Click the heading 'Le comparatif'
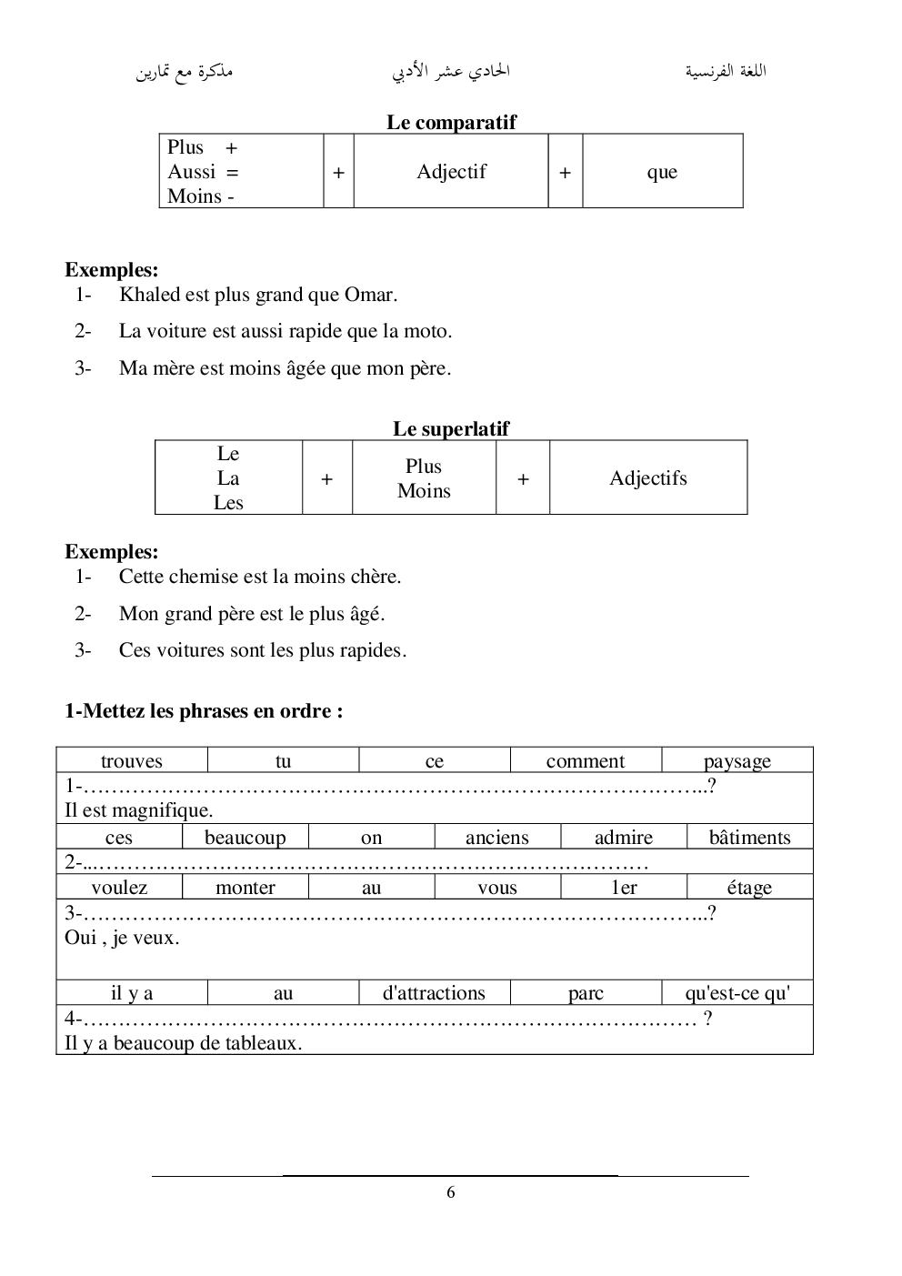451,122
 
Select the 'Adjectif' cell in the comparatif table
451,172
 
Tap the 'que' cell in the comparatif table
662,172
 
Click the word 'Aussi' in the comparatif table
192,172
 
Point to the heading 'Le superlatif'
451,428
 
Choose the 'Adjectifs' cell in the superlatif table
648,478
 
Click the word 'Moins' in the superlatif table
424,491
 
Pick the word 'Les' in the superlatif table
228,503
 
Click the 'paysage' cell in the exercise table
737,761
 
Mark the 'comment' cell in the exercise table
586,761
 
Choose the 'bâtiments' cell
749,838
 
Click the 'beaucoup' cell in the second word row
245,838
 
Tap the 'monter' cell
245,888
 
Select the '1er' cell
624,888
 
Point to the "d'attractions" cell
434,993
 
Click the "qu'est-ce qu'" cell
737,993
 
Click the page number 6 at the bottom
451,1192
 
